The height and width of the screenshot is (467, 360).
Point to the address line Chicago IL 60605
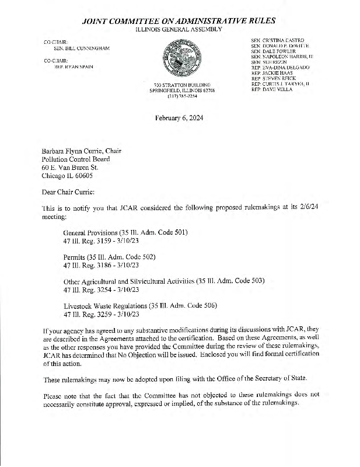coord(67,175)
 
